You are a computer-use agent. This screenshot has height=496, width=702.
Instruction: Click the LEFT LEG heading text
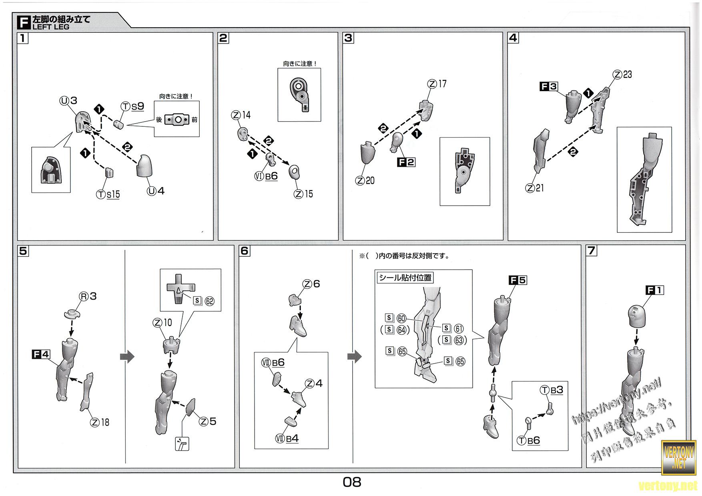(51, 27)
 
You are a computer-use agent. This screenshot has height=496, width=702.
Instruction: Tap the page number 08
(352, 482)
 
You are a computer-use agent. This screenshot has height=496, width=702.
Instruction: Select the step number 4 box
(513, 38)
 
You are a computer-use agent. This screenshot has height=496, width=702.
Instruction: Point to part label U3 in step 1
(68, 101)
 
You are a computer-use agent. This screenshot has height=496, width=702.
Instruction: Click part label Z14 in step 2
(241, 115)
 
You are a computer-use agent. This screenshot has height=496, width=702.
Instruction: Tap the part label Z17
(437, 84)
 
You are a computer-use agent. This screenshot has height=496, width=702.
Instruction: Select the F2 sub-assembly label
(405, 162)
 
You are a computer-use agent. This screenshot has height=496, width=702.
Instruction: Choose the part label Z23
(622, 74)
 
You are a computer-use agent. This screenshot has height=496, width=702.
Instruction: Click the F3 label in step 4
(549, 86)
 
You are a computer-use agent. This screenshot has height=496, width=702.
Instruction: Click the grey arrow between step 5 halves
(127, 357)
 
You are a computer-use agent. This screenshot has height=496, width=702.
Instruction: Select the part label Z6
(311, 284)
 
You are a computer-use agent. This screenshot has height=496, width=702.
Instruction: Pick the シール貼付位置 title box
(405, 278)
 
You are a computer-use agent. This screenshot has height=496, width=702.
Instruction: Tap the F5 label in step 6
(518, 280)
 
